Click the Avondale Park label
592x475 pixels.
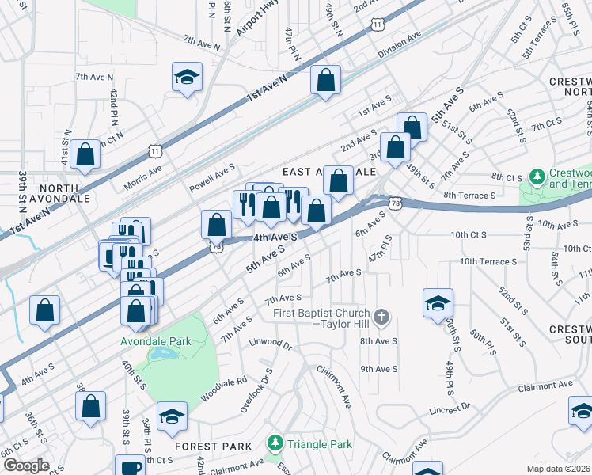[x=157, y=341]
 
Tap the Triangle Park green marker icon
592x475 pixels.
[x=275, y=444]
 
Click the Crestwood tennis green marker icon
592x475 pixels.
[x=537, y=174]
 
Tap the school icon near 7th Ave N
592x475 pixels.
[x=188, y=78]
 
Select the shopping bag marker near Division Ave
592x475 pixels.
[x=325, y=80]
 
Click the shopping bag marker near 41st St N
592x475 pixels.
[x=84, y=156]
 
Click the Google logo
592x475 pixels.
[x=25, y=465]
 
